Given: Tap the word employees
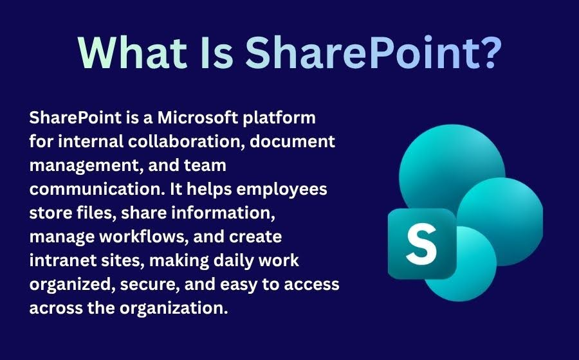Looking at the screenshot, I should coord(286,190).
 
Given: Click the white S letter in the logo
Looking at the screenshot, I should coord(421,244).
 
